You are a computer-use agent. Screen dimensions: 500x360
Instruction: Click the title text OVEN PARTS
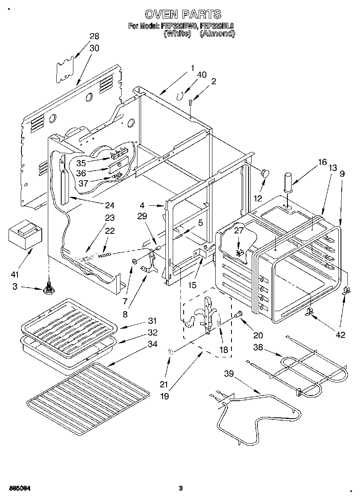(183, 14)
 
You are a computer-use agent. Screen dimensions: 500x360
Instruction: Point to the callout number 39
(229, 374)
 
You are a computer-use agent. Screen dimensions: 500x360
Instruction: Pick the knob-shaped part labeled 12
(265, 173)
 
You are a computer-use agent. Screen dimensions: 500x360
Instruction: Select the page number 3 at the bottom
(181, 488)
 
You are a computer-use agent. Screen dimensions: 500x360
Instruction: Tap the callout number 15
(192, 285)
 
